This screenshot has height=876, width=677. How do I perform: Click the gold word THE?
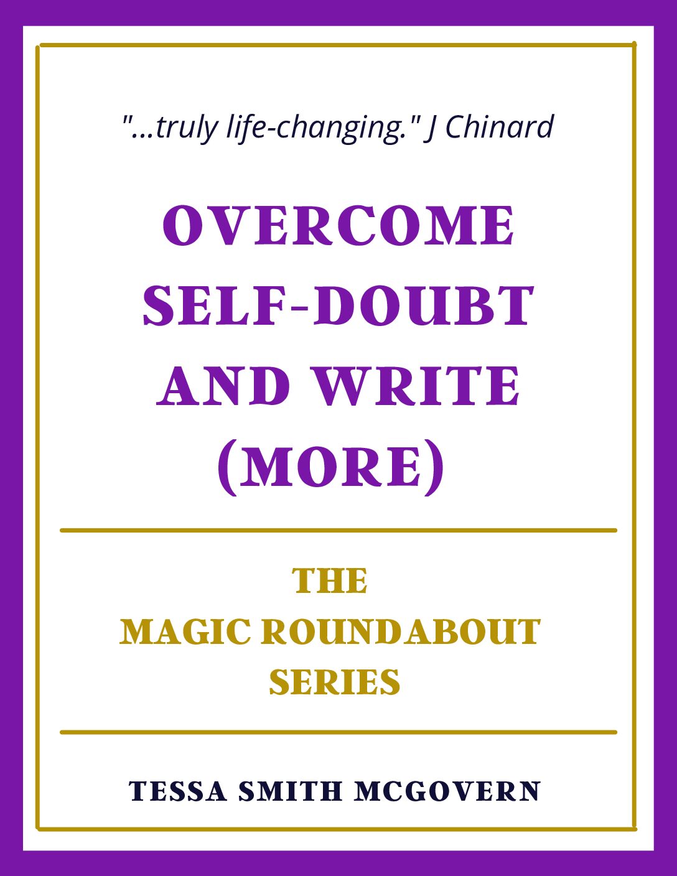pos(330,581)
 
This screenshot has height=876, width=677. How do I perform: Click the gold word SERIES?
pos(334,682)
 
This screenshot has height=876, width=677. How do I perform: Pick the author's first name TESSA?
pos(177,791)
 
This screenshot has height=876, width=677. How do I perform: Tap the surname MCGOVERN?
pos(447,791)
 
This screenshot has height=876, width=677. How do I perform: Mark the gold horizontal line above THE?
pos(338,531)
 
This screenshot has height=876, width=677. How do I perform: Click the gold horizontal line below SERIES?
pos(338,732)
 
